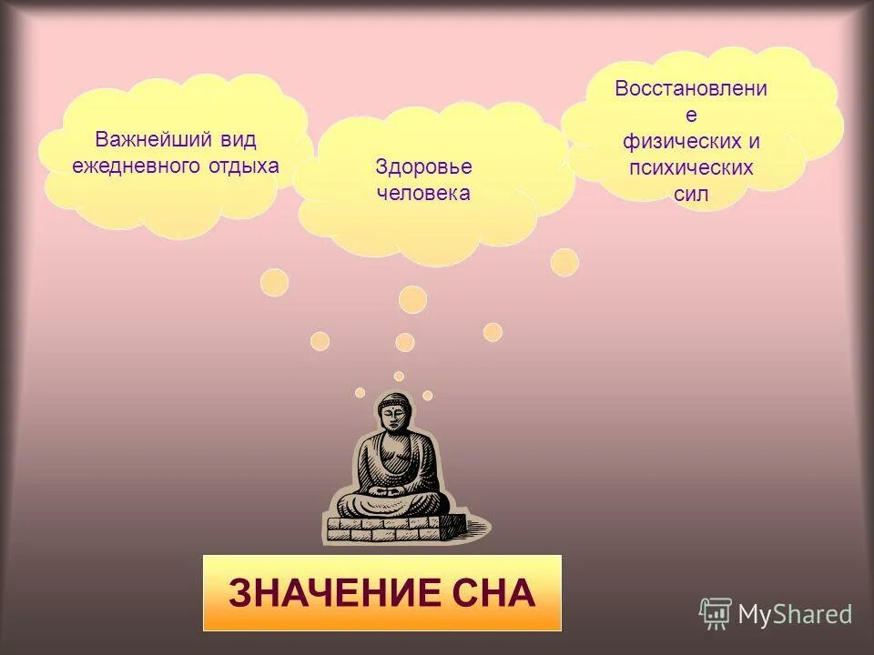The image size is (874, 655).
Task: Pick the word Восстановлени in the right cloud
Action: (x=690, y=89)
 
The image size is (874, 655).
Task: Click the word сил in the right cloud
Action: (x=691, y=194)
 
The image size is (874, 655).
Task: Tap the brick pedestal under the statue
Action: (x=395, y=527)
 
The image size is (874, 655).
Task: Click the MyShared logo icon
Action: (x=715, y=614)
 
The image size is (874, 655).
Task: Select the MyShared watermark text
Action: (x=795, y=615)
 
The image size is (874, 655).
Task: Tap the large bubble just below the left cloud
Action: (x=274, y=282)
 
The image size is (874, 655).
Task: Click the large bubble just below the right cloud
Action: (x=564, y=262)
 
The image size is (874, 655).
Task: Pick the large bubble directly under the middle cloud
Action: (x=412, y=299)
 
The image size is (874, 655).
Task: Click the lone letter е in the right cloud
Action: (x=690, y=116)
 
